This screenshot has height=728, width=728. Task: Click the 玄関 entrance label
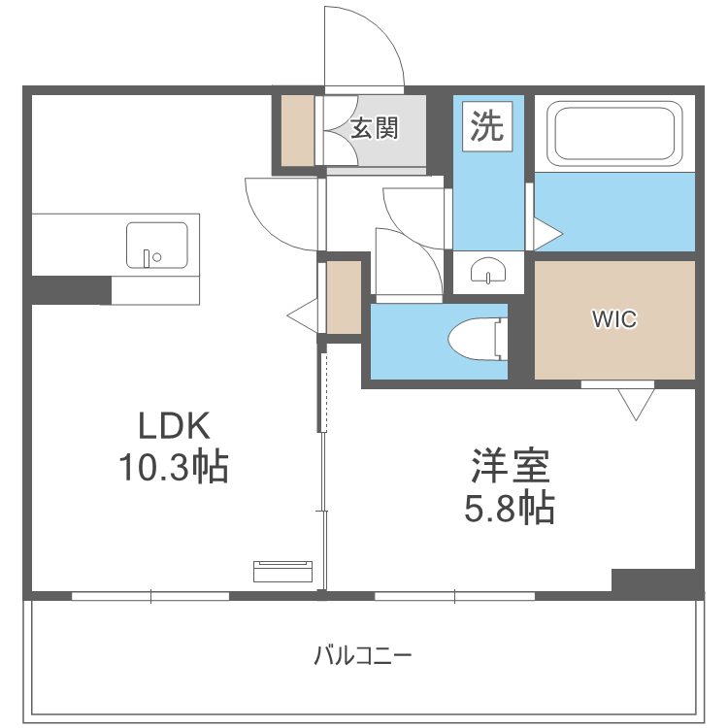[375, 128]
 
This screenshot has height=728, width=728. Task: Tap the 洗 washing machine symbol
[487, 125]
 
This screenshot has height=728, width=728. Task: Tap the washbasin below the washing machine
[488, 273]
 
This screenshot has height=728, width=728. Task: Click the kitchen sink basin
[156, 245]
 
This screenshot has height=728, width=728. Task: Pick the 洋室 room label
[511, 467]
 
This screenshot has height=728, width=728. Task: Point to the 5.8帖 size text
[510, 508]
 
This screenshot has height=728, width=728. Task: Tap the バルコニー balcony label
[363, 655]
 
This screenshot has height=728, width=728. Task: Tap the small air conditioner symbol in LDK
[282, 571]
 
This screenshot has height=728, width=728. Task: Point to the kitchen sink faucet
[148, 257]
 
